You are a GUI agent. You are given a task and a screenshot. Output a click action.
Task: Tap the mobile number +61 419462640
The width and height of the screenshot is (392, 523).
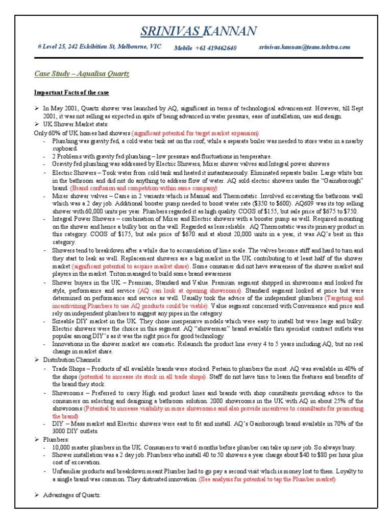(x=205, y=47)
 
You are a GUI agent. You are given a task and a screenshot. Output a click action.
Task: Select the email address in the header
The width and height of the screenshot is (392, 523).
(x=305, y=47)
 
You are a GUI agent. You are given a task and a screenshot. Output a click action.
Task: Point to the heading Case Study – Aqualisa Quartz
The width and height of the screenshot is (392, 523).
(x=82, y=74)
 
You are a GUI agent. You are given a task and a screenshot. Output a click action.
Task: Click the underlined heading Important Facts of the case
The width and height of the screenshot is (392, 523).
(x=71, y=92)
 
